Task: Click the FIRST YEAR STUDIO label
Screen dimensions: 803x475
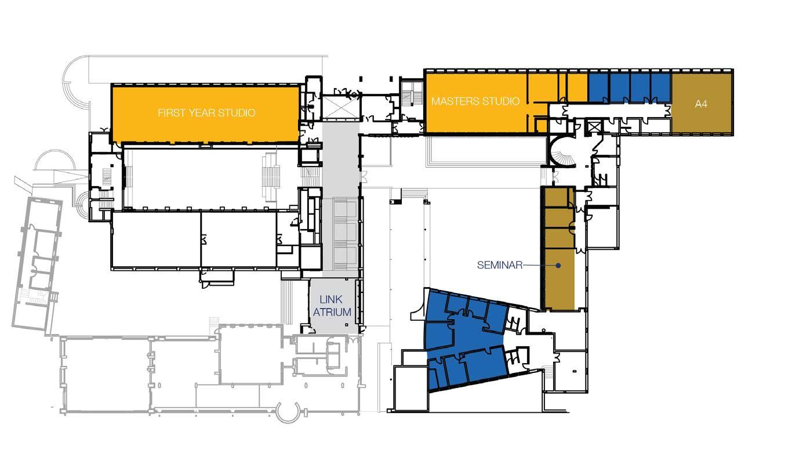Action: click(x=206, y=113)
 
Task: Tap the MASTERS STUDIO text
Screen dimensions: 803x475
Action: click(x=475, y=101)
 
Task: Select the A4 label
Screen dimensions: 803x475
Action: click(x=701, y=104)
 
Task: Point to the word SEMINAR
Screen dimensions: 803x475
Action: click(x=500, y=265)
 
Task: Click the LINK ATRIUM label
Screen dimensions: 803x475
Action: click(x=332, y=306)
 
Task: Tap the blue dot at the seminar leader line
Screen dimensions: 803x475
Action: click(x=558, y=266)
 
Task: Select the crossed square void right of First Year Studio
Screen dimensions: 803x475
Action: click(x=340, y=107)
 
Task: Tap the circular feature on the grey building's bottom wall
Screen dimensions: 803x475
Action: click(x=289, y=412)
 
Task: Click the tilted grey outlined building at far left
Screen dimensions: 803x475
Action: click(x=37, y=264)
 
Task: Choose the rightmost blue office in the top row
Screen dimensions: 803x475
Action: click(x=660, y=88)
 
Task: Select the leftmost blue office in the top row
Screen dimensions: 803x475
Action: click(x=598, y=88)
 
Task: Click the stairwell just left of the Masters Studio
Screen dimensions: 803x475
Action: click(x=412, y=94)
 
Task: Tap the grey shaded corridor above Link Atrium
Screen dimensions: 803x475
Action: click(x=340, y=200)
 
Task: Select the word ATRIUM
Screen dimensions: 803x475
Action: click(x=332, y=312)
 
